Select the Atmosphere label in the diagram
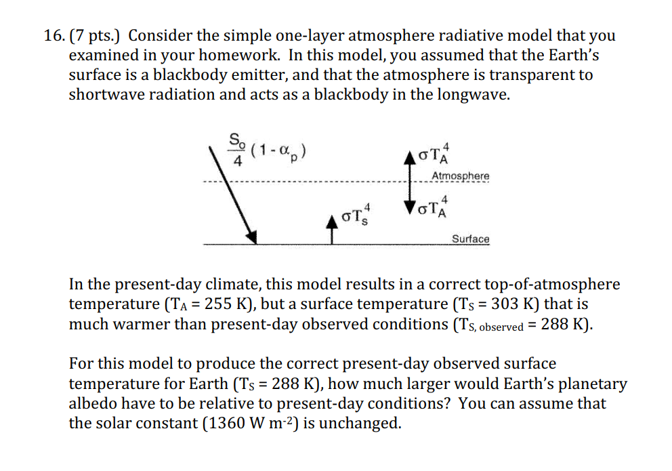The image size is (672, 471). pos(460,176)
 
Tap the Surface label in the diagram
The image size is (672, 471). pos(470,239)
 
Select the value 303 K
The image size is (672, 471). pos(518,305)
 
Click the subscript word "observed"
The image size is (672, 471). pos(501,327)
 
